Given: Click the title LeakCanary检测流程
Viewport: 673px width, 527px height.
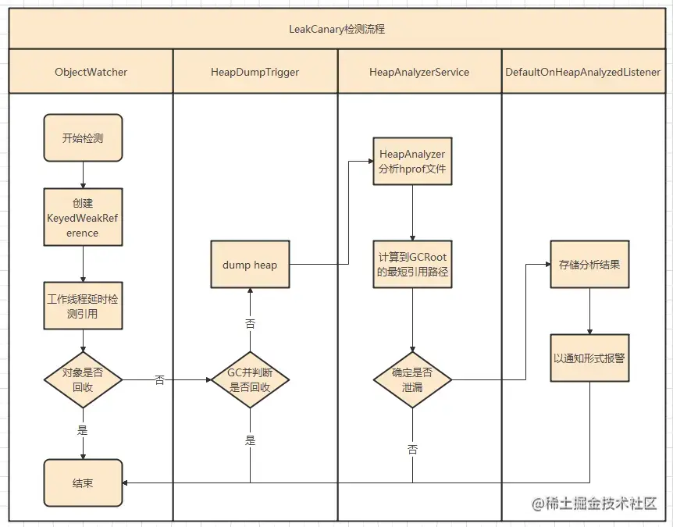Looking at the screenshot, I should click(x=336, y=30).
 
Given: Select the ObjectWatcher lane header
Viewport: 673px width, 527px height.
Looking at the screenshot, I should click(x=91, y=72).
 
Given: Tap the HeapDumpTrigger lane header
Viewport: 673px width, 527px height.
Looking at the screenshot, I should click(x=255, y=72).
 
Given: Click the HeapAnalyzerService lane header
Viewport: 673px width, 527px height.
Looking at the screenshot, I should click(x=419, y=72).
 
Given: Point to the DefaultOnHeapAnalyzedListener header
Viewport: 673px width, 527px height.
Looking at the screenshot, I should click(x=582, y=72).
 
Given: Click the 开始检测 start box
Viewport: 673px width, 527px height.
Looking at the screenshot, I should click(x=83, y=138).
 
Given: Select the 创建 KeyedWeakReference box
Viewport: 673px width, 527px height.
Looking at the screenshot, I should click(x=83, y=216).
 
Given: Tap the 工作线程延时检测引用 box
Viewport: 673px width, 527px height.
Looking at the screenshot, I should click(x=83, y=305).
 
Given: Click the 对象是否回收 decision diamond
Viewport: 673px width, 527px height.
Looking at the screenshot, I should click(x=83, y=380).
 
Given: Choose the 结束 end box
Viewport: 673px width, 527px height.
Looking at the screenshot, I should click(x=83, y=483).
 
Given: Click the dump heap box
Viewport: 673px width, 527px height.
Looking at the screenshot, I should click(x=250, y=265).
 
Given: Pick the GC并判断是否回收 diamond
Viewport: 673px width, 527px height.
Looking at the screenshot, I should click(x=250, y=380).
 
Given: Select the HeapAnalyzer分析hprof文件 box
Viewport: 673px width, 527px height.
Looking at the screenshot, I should click(x=412, y=162).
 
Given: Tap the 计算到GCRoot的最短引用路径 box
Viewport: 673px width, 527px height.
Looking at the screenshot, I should click(x=412, y=265).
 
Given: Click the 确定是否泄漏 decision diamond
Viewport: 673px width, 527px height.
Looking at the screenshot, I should click(x=412, y=380).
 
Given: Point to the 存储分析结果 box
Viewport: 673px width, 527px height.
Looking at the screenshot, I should click(x=589, y=265).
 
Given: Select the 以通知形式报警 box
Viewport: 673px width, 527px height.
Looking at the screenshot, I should click(x=589, y=358).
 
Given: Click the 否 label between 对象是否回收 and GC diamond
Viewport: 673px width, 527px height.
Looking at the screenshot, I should click(x=160, y=380).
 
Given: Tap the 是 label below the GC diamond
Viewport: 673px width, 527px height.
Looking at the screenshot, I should click(x=250, y=440).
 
